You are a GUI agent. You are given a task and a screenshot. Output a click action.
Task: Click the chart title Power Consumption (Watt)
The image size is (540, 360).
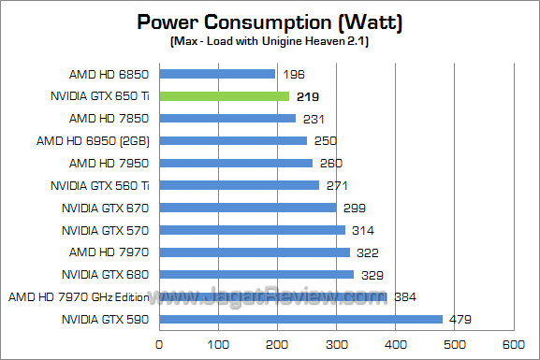point(269,22)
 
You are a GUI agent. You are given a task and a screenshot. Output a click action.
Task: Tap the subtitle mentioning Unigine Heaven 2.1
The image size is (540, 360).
point(269,43)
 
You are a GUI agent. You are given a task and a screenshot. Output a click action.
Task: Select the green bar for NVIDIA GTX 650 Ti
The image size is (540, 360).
point(224,95)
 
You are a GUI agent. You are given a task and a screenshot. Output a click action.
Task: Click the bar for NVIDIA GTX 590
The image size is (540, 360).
point(300,319)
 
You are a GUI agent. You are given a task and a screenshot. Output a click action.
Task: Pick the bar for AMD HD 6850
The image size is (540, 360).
point(217,73)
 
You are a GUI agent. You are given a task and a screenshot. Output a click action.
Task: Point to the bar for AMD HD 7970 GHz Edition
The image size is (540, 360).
point(272,297)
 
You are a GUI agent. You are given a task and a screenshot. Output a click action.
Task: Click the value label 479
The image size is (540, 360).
point(460,320)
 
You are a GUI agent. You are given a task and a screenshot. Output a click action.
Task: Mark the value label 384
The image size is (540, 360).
point(404,297)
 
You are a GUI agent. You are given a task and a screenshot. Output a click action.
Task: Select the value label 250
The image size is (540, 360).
point(323,140)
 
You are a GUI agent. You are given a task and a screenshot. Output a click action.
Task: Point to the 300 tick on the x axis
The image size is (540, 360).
point(336,344)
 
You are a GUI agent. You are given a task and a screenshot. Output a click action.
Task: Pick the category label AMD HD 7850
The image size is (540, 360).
point(109,118)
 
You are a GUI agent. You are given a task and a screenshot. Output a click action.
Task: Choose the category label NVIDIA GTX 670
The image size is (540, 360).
point(106,208)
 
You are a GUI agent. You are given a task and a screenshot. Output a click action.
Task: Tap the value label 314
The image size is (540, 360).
point(360,230)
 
